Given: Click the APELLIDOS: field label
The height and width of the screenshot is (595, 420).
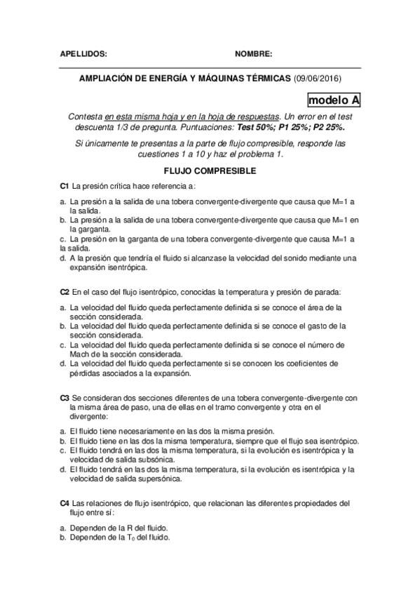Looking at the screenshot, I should (x=83, y=53).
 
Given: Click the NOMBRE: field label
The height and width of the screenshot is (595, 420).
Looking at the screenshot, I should (x=253, y=53).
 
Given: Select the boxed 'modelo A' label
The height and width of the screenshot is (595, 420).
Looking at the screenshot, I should (x=334, y=100).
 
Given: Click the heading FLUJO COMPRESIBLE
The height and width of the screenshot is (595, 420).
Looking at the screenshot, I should (x=209, y=171).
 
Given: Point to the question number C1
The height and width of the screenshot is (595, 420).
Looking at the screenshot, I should (x=65, y=185).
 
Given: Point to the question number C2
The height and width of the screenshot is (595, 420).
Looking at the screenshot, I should (x=65, y=291).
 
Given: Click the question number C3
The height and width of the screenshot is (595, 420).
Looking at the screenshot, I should (x=65, y=397).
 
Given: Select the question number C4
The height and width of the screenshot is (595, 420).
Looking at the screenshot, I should (x=65, y=503).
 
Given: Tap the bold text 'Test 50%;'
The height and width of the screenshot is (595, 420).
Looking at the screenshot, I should (x=259, y=129).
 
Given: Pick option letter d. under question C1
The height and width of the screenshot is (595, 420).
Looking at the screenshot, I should (x=63, y=258).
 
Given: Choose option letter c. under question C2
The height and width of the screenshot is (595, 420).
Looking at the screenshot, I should (x=63, y=345).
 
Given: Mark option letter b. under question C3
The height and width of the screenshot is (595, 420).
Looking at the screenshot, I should (x=63, y=441).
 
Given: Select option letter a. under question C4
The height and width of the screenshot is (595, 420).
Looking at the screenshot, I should (x=63, y=527).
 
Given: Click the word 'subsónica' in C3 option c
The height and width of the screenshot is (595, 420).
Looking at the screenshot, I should (x=155, y=460).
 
